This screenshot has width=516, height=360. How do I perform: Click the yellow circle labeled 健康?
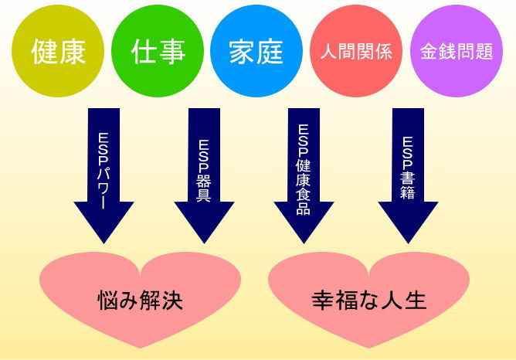58,51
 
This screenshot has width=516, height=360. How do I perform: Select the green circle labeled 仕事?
158,51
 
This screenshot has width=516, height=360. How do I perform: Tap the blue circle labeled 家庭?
256,51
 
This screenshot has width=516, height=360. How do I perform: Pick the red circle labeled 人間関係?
356,51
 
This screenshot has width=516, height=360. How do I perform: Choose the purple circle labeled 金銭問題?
457,51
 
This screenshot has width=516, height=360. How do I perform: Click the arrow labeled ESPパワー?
104,175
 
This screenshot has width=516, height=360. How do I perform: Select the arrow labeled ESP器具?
204,175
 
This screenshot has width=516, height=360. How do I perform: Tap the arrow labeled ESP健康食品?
304,175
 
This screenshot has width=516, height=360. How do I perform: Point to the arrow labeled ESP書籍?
408,175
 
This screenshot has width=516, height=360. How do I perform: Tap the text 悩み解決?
141,300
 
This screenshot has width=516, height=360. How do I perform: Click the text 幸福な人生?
369,300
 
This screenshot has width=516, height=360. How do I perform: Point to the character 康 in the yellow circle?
73,52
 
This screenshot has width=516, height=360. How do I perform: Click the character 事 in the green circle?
172,52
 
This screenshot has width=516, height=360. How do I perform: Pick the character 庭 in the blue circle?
270,52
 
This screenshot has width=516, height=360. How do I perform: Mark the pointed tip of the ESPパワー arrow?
104,243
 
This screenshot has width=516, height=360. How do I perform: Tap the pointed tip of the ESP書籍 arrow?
408,243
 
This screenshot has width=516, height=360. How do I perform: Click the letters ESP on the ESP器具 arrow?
204,155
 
